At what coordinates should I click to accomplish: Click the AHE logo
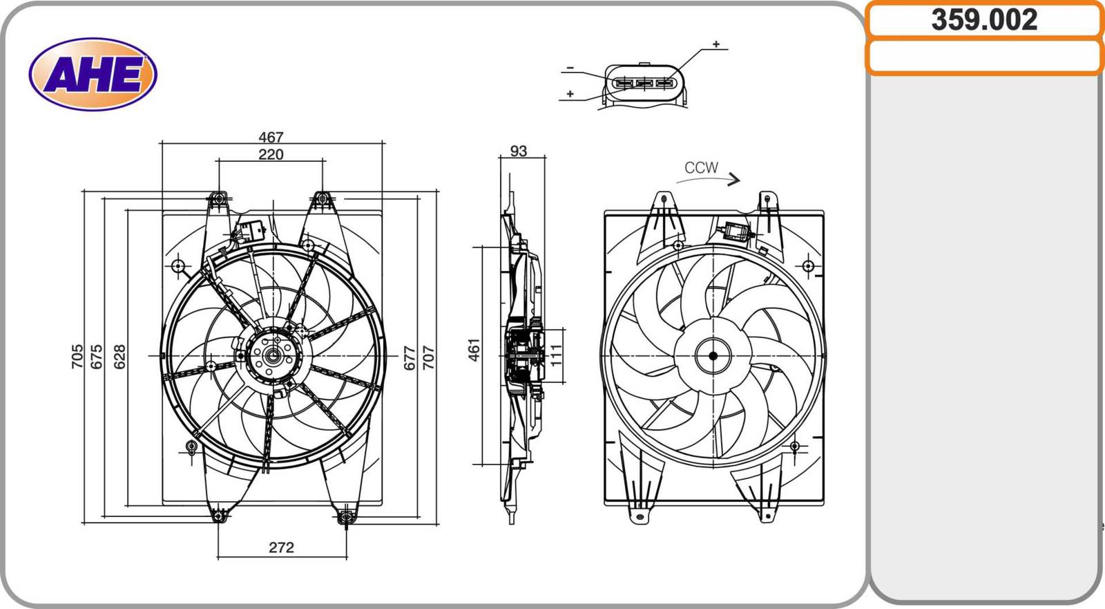[x=93, y=75]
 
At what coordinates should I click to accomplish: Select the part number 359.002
[x=984, y=20]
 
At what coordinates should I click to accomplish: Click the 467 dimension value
[x=271, y=137]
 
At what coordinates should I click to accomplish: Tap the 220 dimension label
[x=271, y=154]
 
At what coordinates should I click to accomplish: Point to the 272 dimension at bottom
[x=281, y=547]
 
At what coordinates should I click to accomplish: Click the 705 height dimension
[x=77, y=356]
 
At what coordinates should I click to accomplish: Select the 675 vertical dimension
[x=97, y=356]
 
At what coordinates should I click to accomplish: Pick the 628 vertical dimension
[x=119, y=356]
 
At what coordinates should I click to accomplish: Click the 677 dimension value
[x=410, y=357]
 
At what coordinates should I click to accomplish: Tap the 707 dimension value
[x=428, y=357]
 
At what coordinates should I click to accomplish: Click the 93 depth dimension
[x=518, y=151]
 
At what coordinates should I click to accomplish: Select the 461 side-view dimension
[x=474, y=350]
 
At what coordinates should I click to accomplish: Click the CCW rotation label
[x=701, y=167]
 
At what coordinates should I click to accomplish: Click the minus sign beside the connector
[x=570, y=68]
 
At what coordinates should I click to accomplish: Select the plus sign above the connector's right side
[x=716, y=44]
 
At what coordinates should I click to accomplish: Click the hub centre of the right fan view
[x=713, y=356]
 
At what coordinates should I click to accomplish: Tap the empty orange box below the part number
[x=984, y=57]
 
